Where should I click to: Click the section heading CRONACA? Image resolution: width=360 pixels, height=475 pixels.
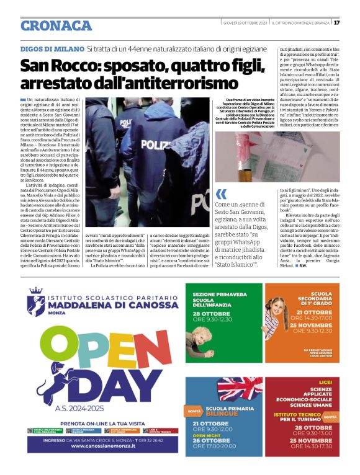click(56, 25)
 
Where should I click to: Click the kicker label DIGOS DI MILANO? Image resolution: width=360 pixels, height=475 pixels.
click(52, 48)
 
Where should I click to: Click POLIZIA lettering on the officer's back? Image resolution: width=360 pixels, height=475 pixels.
click(156, 143)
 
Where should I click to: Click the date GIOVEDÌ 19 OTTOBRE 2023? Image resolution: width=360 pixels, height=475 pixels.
click(244, 23)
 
